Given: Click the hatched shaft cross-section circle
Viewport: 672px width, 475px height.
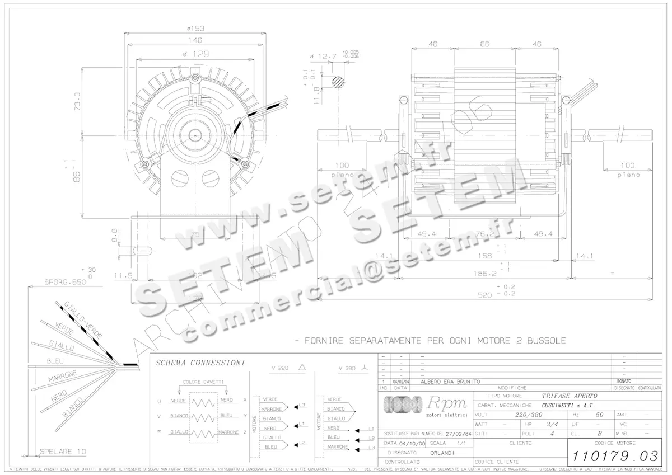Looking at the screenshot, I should click(x=338, y=82).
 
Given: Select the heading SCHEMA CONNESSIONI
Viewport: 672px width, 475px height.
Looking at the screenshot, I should click(x=200, y=363).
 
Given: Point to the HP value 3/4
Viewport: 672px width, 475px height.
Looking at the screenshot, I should click(x=552, y=424).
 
